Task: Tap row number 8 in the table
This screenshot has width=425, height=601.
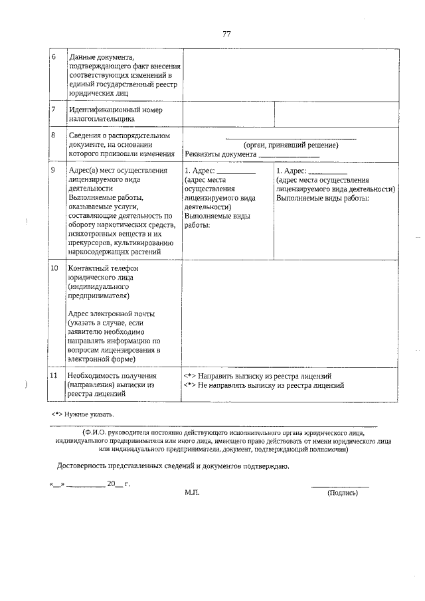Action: tap(53, 135)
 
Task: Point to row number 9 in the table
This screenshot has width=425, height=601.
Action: tap(53, 170)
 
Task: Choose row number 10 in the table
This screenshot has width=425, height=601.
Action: tap(54, 268)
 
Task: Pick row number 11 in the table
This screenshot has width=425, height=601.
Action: tap(54, 376)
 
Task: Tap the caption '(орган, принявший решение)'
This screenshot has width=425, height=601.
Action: tap(291, 145)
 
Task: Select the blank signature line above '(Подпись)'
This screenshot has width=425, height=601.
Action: tap(340, 487)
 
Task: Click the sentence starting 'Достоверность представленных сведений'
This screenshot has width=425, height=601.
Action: tap(173, 466)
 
